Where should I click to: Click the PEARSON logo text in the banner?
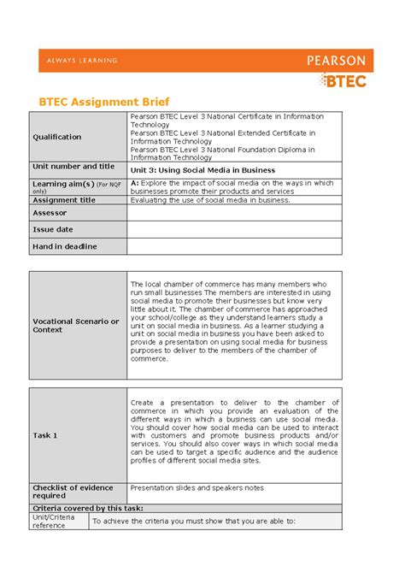pos(336,61)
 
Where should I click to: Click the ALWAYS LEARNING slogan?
pos(78,61)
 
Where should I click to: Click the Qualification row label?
pos(57,137)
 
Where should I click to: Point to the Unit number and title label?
pos(73,167)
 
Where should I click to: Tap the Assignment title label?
pos(64,200)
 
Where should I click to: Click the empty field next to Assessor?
pos(234,213)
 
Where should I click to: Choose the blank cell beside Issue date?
pos(234,229)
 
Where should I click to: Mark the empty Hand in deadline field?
pos(234,246)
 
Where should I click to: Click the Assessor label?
pos(50,213)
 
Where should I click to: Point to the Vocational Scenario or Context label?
pos(76,325)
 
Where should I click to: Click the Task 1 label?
pos(45,435)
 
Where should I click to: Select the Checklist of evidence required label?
pos(73,492)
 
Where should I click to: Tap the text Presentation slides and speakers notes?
pos(197,488)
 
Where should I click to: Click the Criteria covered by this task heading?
pos(80,508)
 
